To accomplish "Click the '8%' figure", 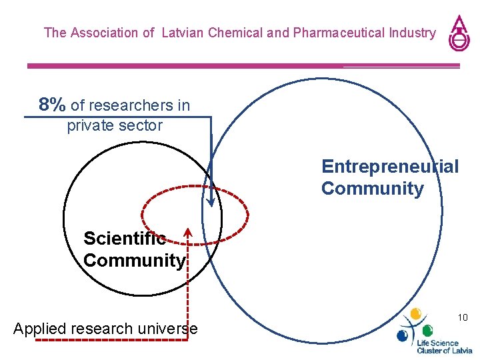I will [52, 105].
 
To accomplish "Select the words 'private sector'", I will [115, 125].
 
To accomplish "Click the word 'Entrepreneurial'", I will [390, 166].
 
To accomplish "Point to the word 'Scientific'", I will [125, 238].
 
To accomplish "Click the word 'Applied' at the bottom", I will [37, 329].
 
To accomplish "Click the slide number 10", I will [463, 317].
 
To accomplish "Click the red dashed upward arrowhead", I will [188, 234].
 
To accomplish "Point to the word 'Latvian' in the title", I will [183, 32].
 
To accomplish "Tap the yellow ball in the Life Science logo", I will [416, 313].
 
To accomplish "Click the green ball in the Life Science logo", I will [427, 330].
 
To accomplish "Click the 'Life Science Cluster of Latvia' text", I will [444, 346].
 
